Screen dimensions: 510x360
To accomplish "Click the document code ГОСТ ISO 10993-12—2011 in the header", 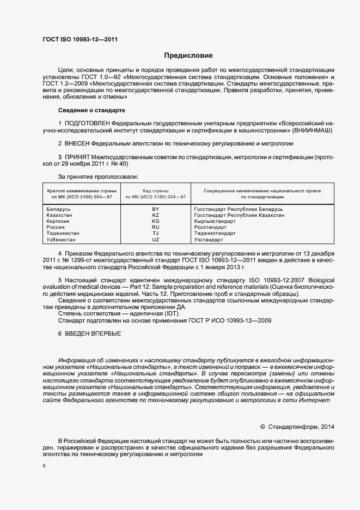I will pyautogui.click(x=80, y=39).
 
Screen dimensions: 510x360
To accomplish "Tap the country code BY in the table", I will pyautogui.click(x=155, y=209).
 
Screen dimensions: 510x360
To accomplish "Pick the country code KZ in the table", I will pyautogui.click(x=155, y=215).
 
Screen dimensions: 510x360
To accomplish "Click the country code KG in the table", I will pyautogui.click(x=155, y=221).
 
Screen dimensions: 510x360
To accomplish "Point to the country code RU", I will pyautogui.click(x=155, y=227).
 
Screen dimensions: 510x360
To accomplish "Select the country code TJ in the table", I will pyautogui.click(x=155, y=233).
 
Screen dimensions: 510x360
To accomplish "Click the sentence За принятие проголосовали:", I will pyautogui.click(x=98, y=177).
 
